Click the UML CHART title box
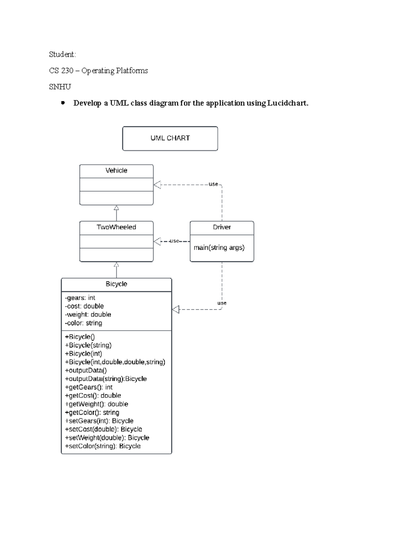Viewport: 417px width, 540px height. (x=170, y=138)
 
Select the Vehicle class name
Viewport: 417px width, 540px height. (x=116, y=171)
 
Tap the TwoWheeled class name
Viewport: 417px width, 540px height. (x=116, y=227)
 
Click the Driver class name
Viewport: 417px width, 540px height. (x=222, y=227)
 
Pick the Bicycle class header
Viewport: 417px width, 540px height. (x=116, y=284)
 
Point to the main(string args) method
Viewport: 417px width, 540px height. (x=219, y=248)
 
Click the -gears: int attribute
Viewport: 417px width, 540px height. (x=80, y=298)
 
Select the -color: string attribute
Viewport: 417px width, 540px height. (x=83, y=323)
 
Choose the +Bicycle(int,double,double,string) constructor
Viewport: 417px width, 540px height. (x=115, y=362)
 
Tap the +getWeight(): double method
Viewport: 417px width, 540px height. (x=97, y=404)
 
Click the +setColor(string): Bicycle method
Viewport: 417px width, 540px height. (x=103, y=446)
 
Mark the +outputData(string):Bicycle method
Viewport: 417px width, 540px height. (x=106, y=379)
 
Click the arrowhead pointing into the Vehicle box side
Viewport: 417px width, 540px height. (x=157, y=185)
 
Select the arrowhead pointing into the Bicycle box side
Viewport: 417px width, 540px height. (x=176, y=309)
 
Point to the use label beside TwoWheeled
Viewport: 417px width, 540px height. (x=174, y=241)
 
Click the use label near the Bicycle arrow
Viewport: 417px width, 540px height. (x=222, y=303)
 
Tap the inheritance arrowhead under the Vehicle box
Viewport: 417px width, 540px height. (x=116, y=208)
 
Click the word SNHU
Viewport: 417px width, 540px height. (x=60, y=87)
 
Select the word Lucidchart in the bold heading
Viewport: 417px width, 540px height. (x=287, y=103)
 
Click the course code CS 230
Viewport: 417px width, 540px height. (x=61, y=71)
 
